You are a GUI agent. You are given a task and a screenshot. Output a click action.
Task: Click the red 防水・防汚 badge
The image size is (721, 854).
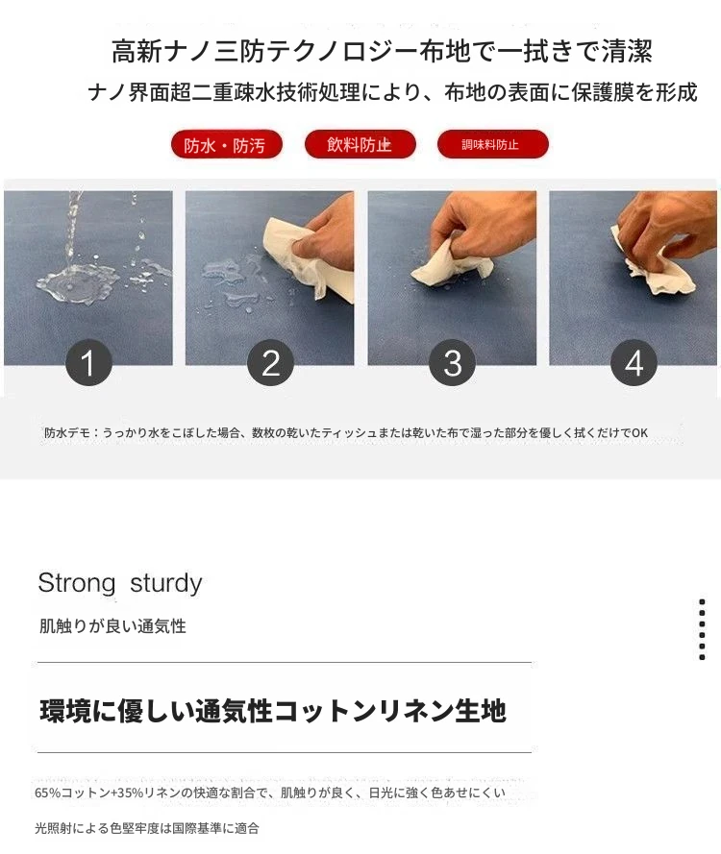pos(226,145)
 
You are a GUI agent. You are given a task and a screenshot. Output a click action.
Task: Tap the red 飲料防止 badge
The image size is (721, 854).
pos(360,144)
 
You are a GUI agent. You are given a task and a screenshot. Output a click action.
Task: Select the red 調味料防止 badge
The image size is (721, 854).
pos(492,144)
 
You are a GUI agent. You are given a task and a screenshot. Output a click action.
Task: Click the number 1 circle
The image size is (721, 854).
pos(88,363)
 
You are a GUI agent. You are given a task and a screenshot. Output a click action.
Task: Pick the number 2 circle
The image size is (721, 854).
pos(270,363)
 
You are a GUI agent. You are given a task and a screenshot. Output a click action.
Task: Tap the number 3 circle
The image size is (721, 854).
pos(453,363)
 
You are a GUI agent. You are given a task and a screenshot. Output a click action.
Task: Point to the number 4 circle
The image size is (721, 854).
pos(634,363)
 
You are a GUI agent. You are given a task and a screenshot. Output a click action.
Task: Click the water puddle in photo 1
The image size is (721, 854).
pos(76,281)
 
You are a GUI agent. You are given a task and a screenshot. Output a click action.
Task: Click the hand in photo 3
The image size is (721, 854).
pos(480,229)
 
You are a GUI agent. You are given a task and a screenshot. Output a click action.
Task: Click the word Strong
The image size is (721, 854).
pos(77,584)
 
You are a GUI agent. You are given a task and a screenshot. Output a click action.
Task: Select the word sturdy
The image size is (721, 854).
pos(166,584)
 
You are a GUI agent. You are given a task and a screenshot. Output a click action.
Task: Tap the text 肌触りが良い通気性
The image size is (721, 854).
pos(112,626)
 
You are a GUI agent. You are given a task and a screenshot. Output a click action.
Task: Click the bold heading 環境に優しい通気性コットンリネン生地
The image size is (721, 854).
pos(273,711)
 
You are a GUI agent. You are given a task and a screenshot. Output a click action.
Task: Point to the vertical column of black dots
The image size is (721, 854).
pos(702,629)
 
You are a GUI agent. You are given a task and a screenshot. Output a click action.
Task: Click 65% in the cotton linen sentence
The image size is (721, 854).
pos(47,793)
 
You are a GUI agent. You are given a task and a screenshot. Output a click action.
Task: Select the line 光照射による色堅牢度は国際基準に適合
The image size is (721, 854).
pos(147,828)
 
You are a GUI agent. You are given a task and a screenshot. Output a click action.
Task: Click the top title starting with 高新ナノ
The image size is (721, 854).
pos(382,52)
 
